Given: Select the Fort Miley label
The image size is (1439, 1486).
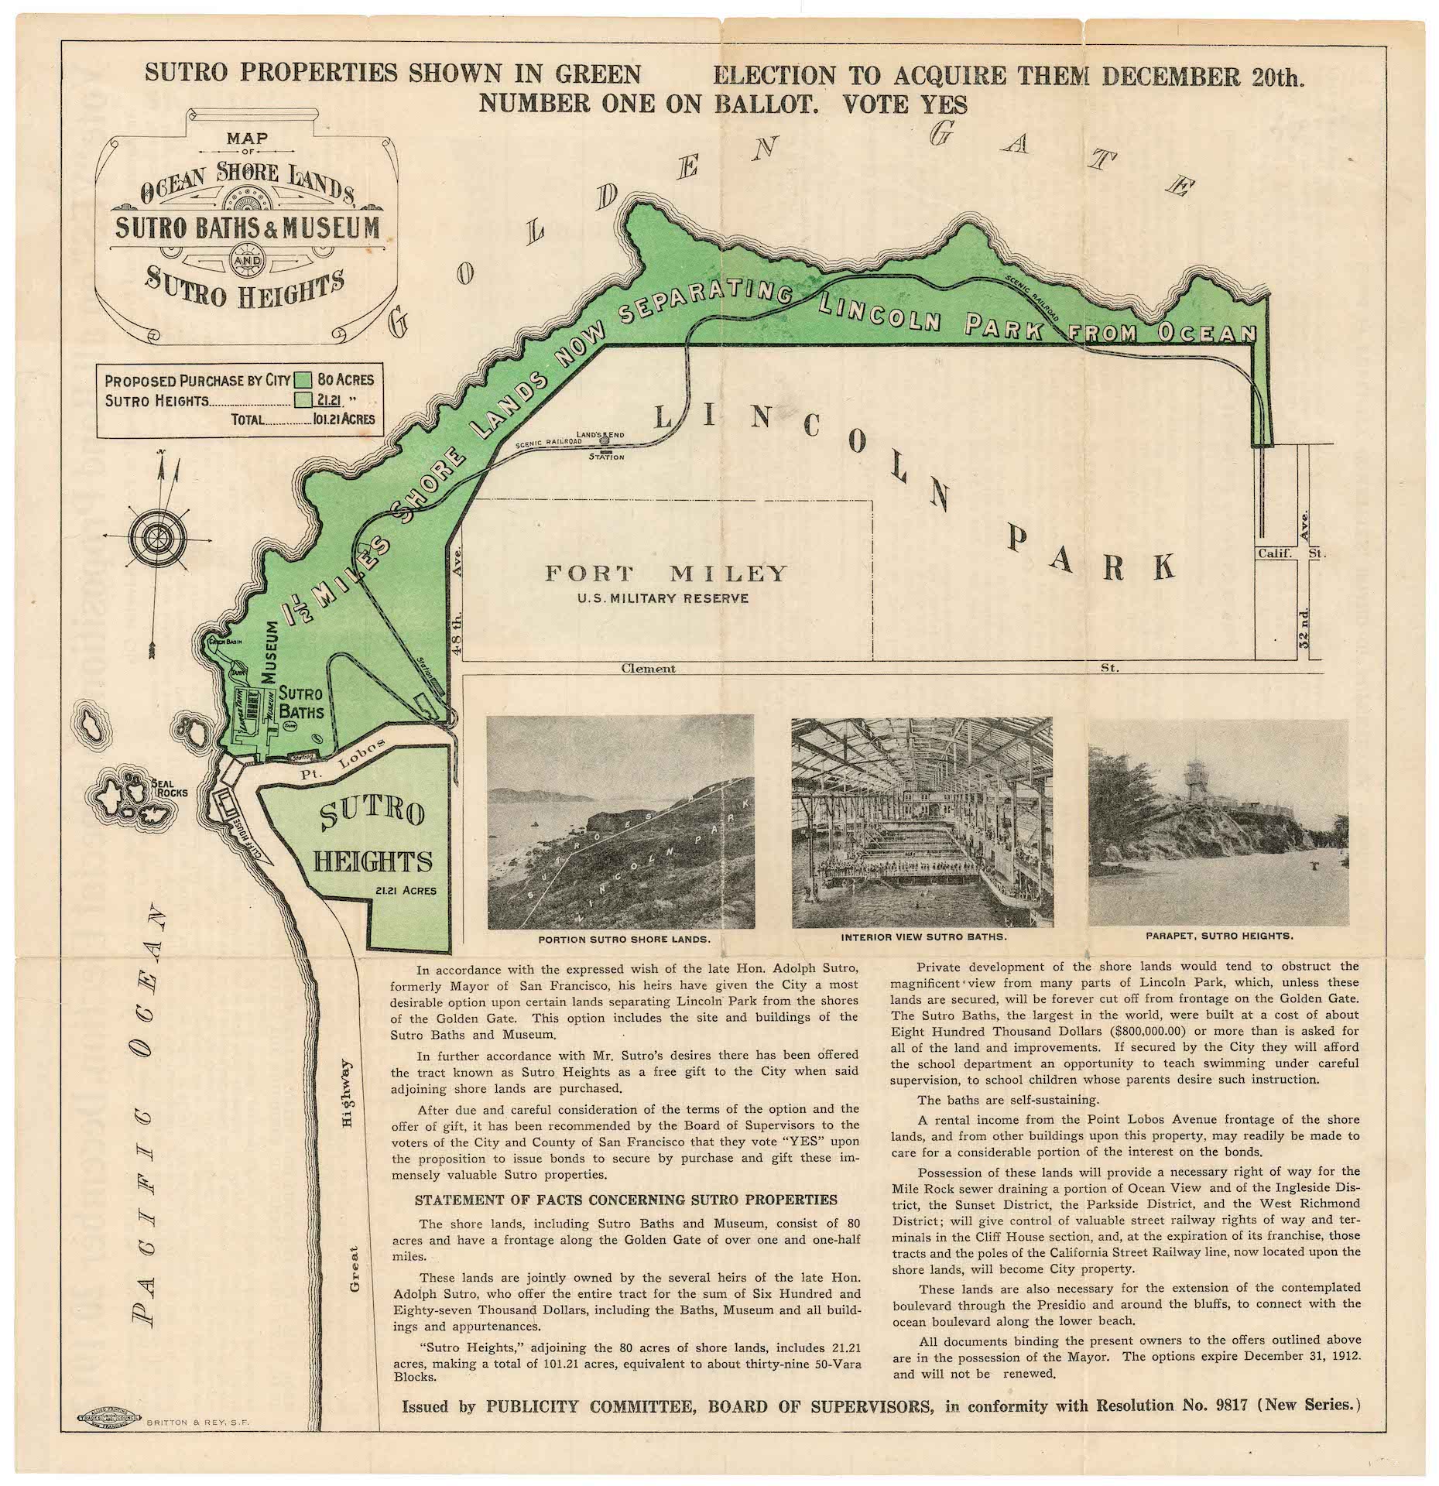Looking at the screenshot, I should pyautogui.click(x=666, y=574).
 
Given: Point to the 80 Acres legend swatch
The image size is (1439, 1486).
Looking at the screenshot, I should pyautogui.click(x=303, y=379).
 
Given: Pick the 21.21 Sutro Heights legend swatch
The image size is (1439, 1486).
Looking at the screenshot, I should pyautogui.click(x=303, y=399).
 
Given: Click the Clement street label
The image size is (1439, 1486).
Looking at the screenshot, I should pyautogui.click(x=648, y=668).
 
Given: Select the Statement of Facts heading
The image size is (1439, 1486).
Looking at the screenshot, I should pyautogui.click(x=625, y=1200).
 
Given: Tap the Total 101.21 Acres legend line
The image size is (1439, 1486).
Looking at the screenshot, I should pyautogui.click(x=303, y=419).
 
